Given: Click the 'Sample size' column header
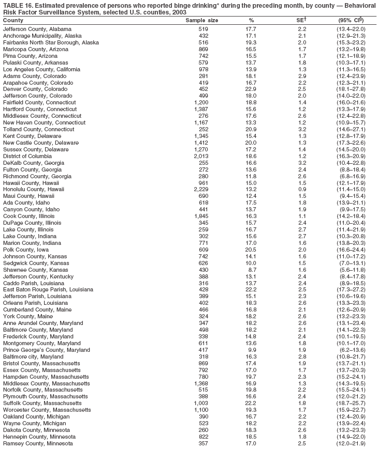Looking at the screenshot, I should coord(201,20).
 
